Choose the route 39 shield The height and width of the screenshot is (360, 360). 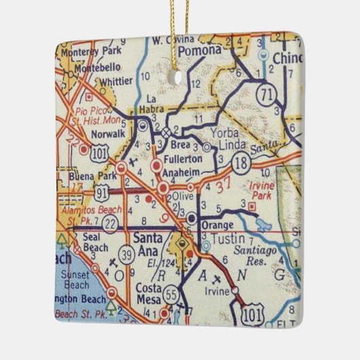pos(128,255)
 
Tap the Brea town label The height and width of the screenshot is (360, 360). pos(181,146)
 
